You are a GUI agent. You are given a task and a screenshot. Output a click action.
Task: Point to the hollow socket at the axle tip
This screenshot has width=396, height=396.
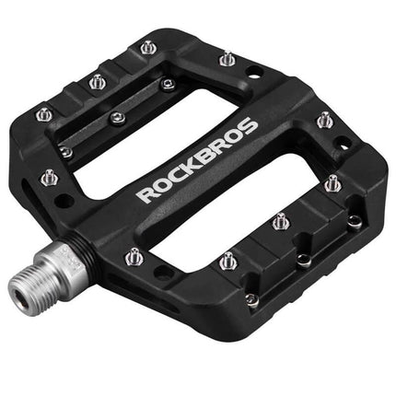tap(20, 297)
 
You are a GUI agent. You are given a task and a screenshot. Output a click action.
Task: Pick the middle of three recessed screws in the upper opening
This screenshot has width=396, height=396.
tap(117, 117)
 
